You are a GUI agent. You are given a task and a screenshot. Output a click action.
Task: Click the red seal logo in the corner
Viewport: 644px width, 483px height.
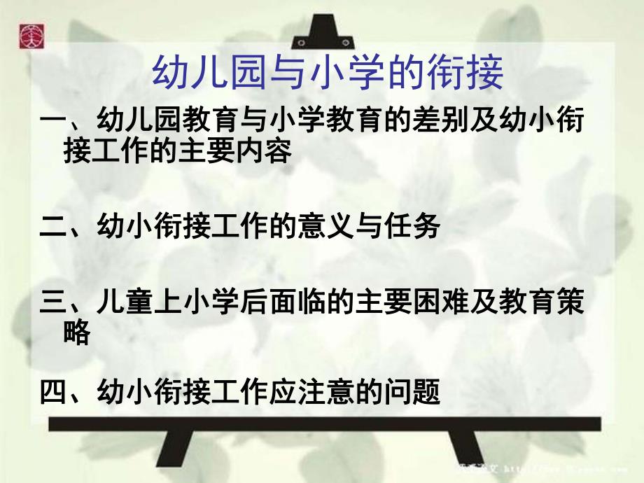[x=30, y=30]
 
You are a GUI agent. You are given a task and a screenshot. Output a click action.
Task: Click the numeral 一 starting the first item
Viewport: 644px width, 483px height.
[x=52, y=122]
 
